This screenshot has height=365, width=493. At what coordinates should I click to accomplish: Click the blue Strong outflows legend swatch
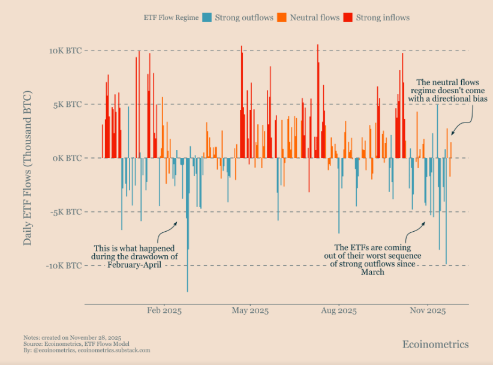pyautogui.click(x=207, y=17)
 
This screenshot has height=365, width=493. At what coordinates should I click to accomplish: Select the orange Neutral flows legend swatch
pyautogui.click(x=282, y=17)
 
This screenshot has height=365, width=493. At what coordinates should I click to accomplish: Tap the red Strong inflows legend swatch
pyautogui.click(x=348, y=17)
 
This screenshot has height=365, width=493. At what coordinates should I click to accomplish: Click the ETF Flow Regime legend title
pyautogui.click(x=171, y=18)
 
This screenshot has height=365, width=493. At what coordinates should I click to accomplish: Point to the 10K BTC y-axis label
pyautogui.click(x=65, y=50)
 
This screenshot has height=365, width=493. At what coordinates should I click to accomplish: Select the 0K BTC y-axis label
pyautogui.click(x=67, y=158)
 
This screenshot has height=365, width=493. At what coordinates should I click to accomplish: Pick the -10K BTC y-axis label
pyautogui.click(x=64, y=266)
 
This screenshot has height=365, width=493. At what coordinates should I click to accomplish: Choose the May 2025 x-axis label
pyautogui.click(x=250, y=311)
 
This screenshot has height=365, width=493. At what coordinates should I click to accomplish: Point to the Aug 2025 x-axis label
pyautogui.click(x=339, y=311)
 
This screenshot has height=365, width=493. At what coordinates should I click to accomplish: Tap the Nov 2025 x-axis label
pyautogui.click(x=427, y=311)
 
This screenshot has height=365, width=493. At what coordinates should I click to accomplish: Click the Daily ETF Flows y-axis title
pyautogui.click(x=28, y=168)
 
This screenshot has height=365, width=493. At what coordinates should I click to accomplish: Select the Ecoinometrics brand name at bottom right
pyautogui.click(x=435, y=344)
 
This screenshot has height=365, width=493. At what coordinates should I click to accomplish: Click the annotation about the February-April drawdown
pyautogui.click(x=135, y=256)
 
